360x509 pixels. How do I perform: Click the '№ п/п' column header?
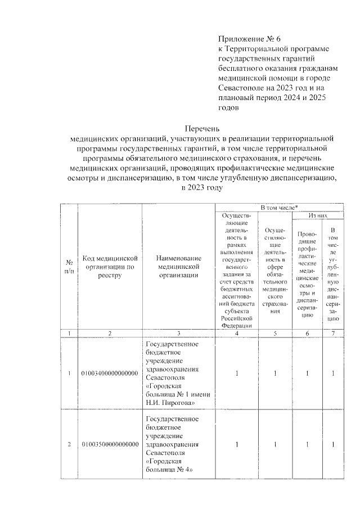[69, 267]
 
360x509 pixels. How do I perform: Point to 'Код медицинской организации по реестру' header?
[110, 267]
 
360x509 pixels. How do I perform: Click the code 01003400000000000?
[110, 373]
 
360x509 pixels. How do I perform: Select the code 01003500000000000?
[110, 444]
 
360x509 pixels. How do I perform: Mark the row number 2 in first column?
[69, 444]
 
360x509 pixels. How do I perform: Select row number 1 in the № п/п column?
[69, 373]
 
